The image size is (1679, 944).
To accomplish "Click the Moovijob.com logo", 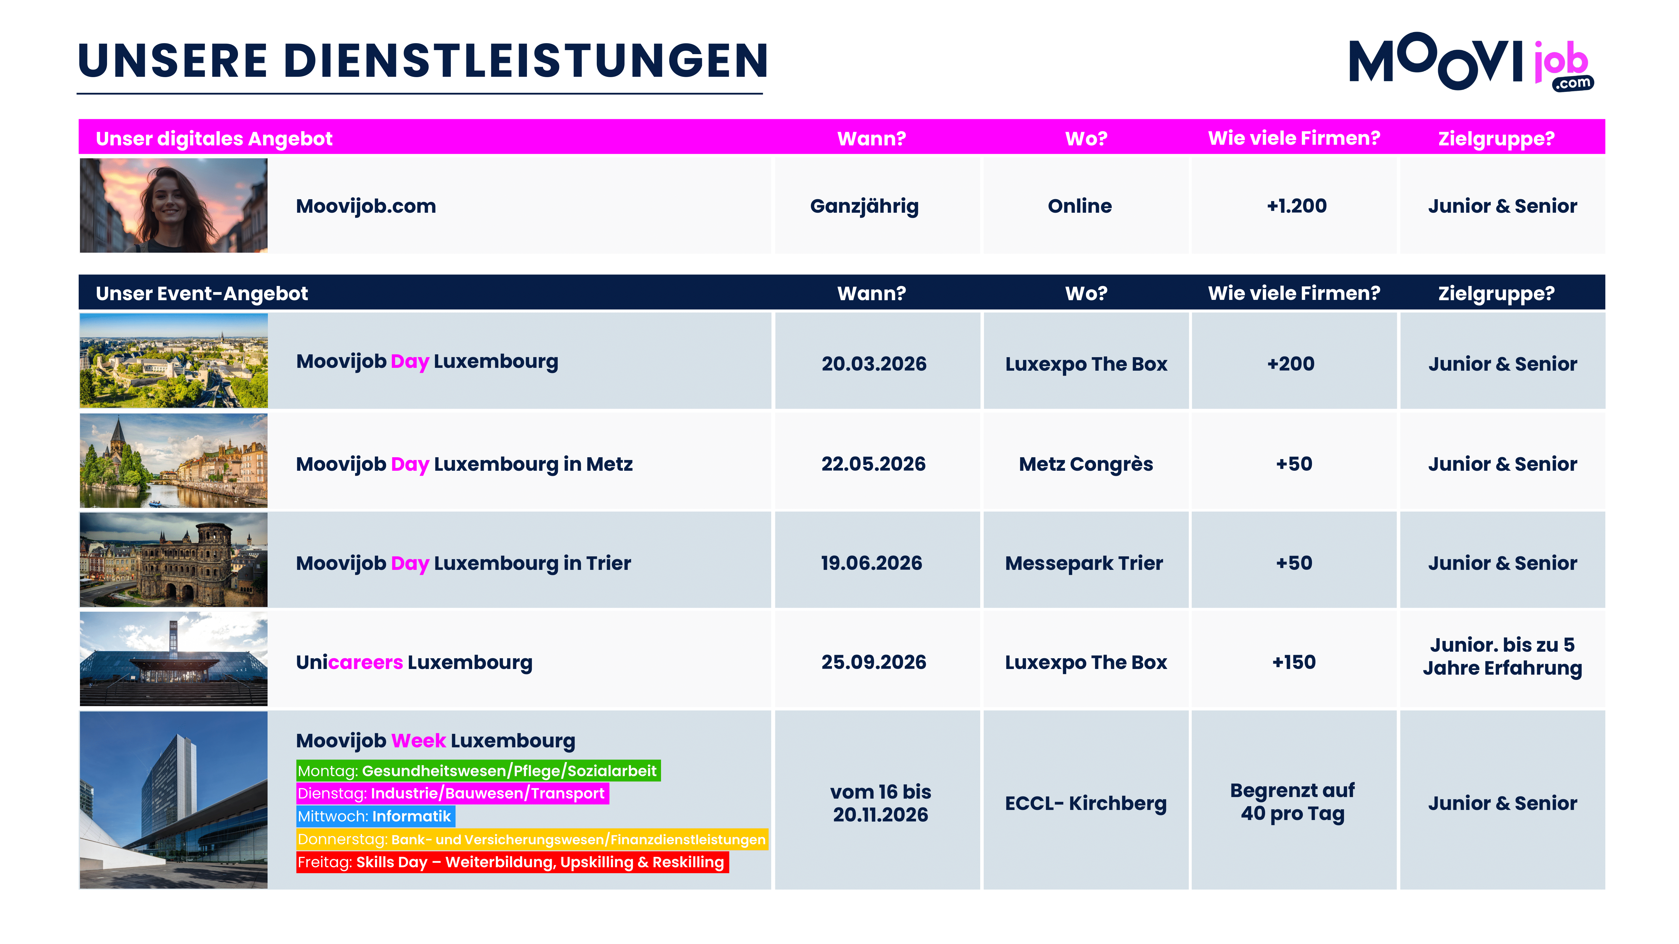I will coord(1470,62).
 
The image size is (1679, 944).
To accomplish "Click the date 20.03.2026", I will coord(873,363).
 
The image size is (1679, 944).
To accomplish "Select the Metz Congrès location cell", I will coord(1085,464).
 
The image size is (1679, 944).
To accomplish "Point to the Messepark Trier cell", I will coord(1083,563).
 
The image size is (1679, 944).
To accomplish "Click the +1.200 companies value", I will coord(1296,206).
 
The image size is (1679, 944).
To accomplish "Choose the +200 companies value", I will coord(1291,363).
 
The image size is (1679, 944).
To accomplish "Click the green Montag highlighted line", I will coord(478,771).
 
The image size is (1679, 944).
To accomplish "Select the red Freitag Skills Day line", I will coord(512,862).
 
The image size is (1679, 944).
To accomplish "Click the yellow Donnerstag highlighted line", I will coord(531,839).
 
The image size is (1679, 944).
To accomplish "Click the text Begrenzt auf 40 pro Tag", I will coord(1292,802).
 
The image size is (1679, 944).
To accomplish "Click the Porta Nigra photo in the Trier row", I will coord(173,559).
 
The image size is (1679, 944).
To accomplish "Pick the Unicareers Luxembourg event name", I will coord(414,662).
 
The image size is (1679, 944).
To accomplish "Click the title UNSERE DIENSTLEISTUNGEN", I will coord(422,61).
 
